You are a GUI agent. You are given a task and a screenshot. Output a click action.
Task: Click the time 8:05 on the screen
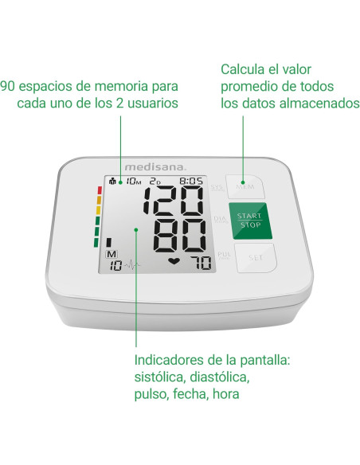[x=192, y=181]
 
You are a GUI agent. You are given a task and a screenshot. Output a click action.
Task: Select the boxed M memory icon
[x=112, y=254]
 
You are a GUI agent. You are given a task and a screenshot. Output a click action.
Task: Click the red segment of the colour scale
[x=98, y=191]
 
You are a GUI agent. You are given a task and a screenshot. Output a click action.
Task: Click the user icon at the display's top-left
[x=112, y=181]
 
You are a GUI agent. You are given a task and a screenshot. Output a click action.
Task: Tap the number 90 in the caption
[x=7, y=85]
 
